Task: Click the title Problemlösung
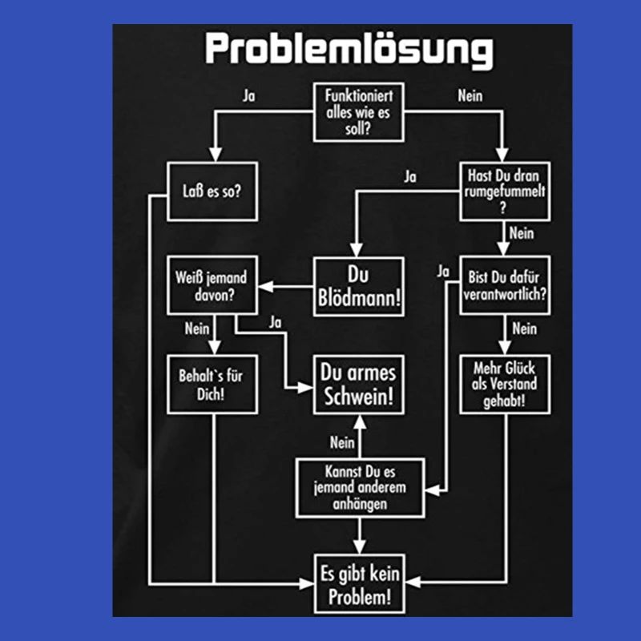[348, 50]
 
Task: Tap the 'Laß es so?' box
[212, 191]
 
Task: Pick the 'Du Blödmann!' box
[358, 286]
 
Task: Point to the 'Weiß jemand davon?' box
[212, 286]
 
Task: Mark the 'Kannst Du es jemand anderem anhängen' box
[358, 487]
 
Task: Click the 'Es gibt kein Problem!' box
[358, 584]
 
